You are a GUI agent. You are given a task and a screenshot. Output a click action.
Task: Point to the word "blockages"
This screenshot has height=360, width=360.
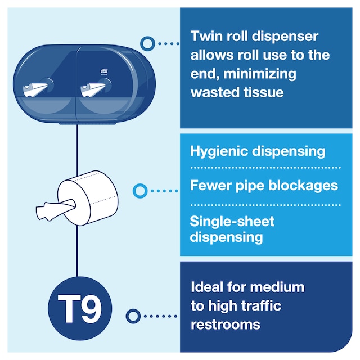coord(303,185)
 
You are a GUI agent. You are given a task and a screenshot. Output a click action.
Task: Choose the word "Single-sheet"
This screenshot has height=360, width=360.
coord(232,221)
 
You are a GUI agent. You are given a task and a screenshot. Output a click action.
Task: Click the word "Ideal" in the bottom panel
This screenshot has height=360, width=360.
coord(207,287)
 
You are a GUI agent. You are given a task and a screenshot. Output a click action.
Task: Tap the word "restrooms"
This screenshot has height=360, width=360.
coord(226,325)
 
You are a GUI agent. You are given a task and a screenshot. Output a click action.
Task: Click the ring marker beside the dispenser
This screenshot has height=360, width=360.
coord(147,44)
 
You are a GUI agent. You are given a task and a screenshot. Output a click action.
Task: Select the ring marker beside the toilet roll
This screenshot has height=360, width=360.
coord(140,191)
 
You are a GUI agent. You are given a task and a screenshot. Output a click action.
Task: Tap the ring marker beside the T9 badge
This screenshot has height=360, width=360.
coord(133,316)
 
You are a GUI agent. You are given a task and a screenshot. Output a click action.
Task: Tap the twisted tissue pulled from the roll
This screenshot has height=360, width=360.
coord(56,209)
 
